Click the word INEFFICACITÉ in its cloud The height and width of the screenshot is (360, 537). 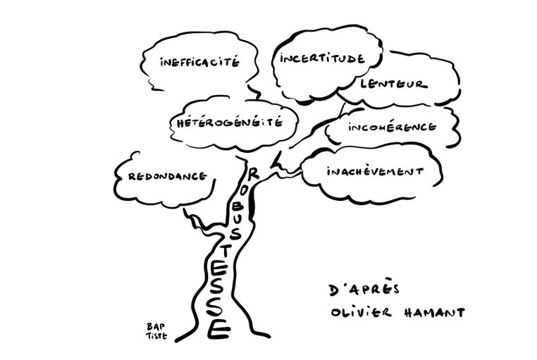click(200, 62)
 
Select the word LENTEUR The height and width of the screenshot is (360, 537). click(393, 84)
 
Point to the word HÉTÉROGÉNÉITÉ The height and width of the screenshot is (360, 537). click(226, 122)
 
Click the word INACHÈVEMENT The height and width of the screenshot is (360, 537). click(374, 171)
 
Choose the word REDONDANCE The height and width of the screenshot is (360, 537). click(166, 176)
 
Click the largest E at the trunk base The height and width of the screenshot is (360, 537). click(218, 328)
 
